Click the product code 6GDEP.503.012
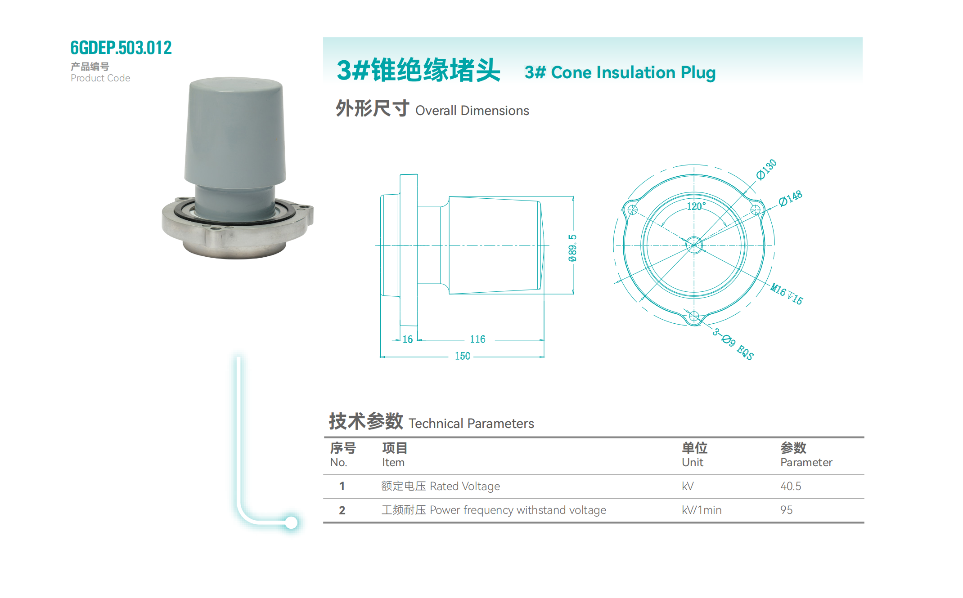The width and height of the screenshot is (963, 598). [121, 48]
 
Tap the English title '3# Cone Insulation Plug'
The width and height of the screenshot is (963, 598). [620, 72]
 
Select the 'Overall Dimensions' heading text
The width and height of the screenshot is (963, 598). [472, 111]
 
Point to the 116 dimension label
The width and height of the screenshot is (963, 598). [477, 339]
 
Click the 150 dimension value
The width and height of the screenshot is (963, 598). [462, 356]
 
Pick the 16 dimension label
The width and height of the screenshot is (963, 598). [407, 339]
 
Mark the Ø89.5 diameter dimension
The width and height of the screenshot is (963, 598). [572, 248]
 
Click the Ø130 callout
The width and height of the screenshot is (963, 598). [766, 169]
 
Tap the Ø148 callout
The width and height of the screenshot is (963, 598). [791, 198]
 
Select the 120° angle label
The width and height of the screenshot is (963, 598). [696, 206]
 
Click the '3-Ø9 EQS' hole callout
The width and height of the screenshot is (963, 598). [733, 344]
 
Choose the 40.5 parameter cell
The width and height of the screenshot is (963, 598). [791, 486]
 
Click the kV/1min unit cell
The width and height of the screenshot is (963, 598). [702, 510]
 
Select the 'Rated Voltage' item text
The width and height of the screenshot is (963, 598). [465, 486]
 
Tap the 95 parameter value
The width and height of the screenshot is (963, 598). [786, 510]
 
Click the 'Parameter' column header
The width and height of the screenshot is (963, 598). [806, 462]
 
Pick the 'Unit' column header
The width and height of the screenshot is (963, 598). [692, 462]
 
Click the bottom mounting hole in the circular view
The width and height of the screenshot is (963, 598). [694, 317]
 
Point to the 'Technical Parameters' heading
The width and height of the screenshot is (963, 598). [471, 424]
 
